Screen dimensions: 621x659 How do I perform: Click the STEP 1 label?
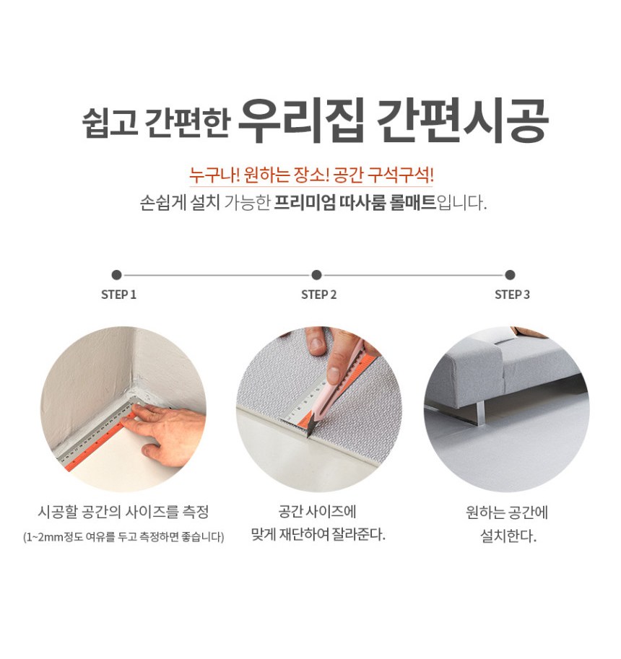[x=118, y=294]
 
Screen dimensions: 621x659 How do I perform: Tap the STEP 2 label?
[x=318, y=294]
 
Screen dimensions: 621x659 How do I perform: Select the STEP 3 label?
[x=512, y=294]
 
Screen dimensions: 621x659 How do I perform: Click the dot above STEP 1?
[x=117, y=275]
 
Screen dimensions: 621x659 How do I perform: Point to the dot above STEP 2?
[x=316, y=275]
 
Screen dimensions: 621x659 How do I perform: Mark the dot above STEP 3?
[x=510, y=275]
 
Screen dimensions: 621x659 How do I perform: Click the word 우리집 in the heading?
[x=300, y=121]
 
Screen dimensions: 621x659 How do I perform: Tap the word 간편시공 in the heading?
[x=462, y=121]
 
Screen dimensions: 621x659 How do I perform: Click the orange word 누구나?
[x=214, y=175]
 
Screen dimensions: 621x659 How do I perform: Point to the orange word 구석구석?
[x=400, y=175]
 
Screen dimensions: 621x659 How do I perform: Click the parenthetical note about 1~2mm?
[x=123, y=537]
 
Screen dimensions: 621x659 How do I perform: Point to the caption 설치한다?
[x=508, y=536]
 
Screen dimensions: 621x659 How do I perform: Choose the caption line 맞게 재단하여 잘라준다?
[x=318, y=535]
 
